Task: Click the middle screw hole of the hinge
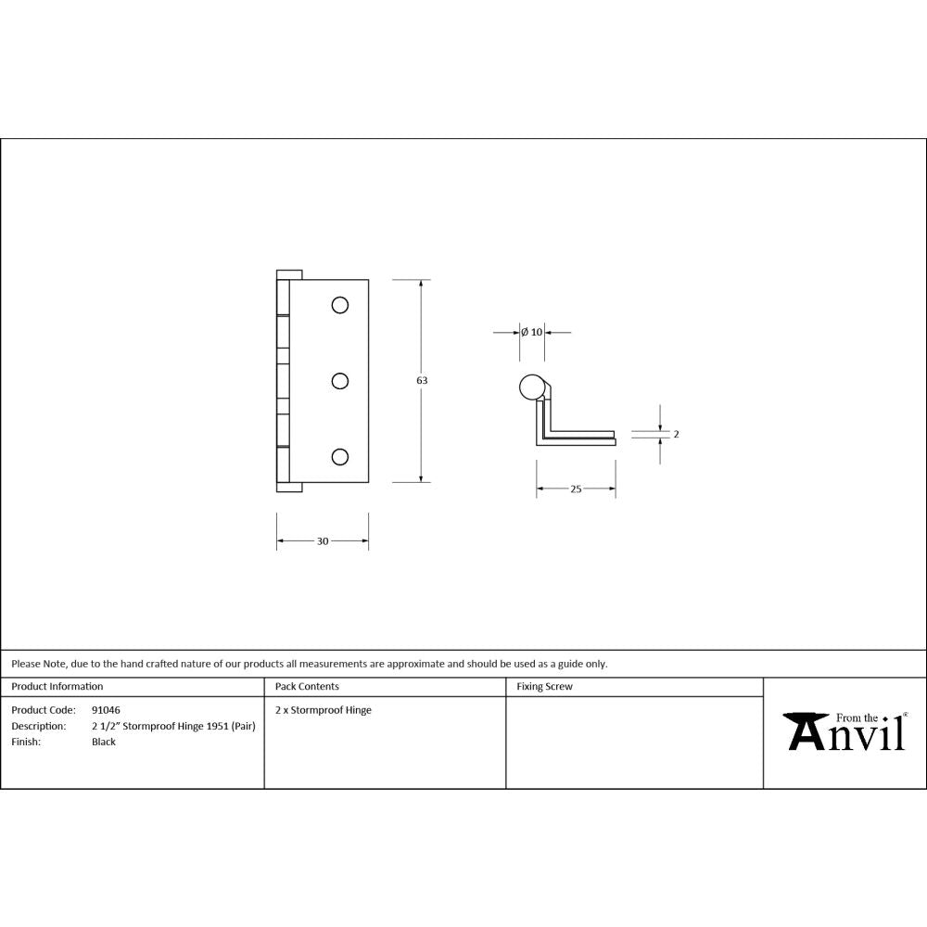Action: point(340,380)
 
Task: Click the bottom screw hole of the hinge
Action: point(340,455)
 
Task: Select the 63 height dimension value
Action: point(422,380)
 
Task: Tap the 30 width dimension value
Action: point(323,541)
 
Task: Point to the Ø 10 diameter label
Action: point(531,332)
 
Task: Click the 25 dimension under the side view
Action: point(576,489)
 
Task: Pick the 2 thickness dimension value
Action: point(676,434)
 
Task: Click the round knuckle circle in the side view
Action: point(531,387)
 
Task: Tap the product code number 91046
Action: point(106,710)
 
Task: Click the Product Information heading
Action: point(57,687)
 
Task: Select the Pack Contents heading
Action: point(307,687)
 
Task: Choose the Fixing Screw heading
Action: point(544,687)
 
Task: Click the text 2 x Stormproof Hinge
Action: point(324,710)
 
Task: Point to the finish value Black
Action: point(104,742)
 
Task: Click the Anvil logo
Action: point(845,731)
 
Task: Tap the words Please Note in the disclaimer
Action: point(39,664)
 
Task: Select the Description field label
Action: point(38,726)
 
